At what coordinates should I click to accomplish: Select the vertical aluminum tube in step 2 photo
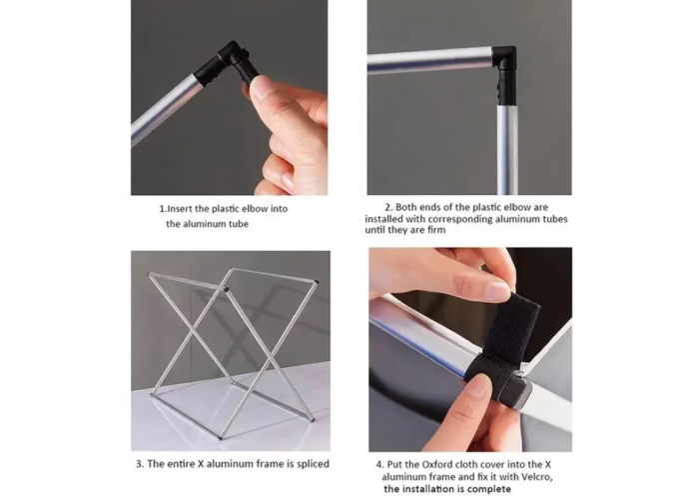[508, 150]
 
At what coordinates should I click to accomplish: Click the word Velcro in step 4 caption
[537, 477]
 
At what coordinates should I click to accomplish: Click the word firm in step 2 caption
[436, 230]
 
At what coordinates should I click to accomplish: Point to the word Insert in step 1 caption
[180, 208]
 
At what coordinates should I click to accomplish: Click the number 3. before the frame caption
[140, 464]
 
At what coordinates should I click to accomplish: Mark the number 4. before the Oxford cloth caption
[379, 464]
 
